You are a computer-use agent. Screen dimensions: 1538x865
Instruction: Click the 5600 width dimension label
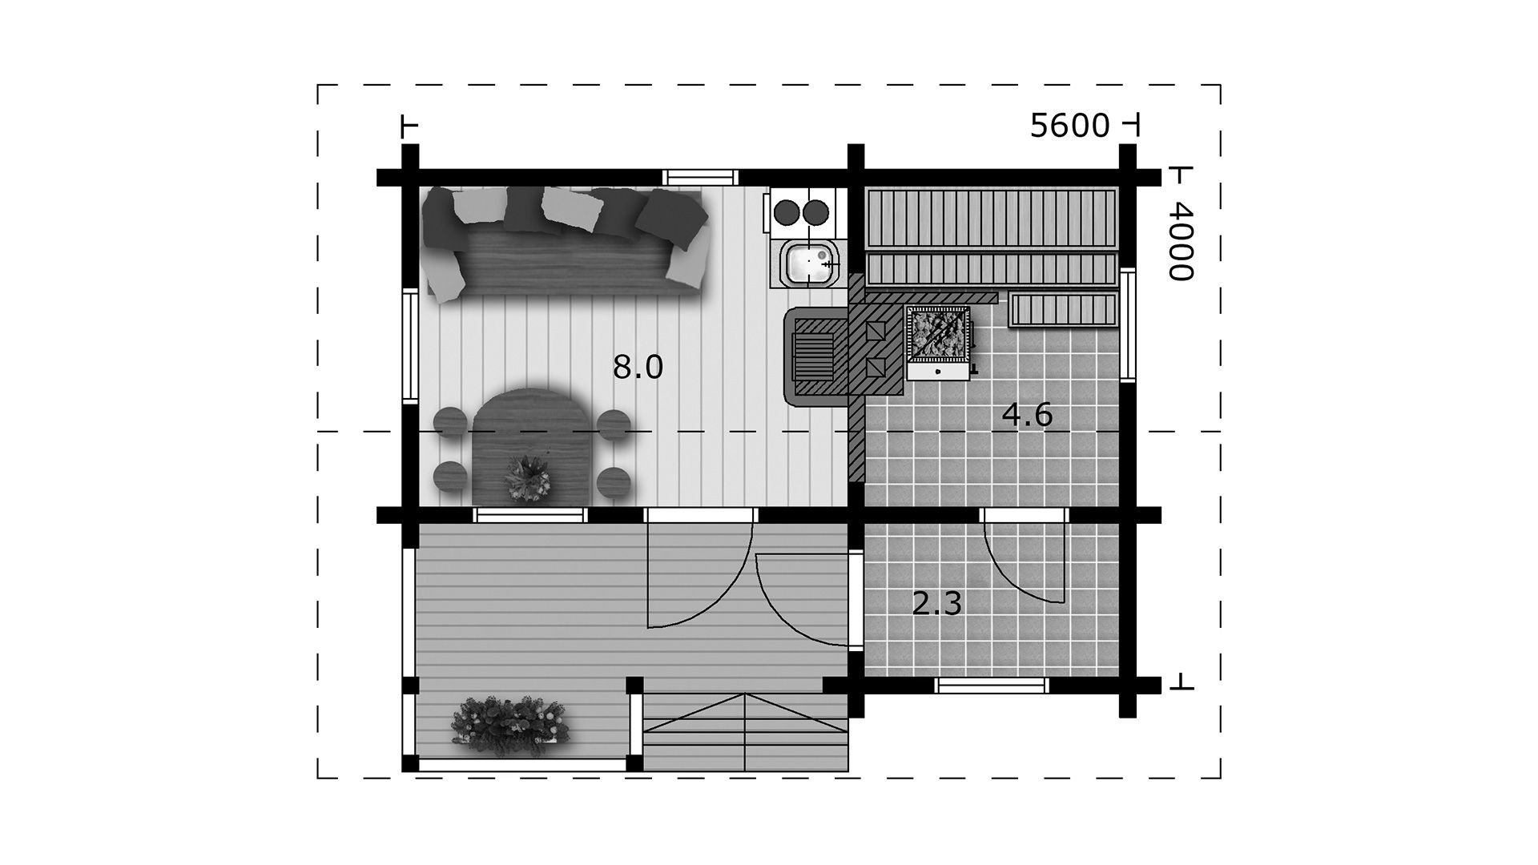(x=1069, y=126)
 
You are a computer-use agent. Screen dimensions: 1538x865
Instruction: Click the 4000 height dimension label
(x=1180, y=240)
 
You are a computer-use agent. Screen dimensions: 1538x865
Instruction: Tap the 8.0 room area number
(x=638, y=368)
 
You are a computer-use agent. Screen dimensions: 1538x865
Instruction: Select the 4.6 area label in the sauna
(x=1027, y=416)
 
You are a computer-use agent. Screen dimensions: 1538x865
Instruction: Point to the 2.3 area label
(x=936, y=603)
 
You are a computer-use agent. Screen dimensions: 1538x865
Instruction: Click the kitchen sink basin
(x=810, y=264)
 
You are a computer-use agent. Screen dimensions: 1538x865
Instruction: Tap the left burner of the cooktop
(x=787, y=212)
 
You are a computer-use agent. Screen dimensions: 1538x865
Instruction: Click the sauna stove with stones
(x=938, y=342)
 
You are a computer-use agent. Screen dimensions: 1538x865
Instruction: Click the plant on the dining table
(x=527, y=478)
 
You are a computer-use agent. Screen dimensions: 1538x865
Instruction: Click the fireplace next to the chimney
(x=815, y=357)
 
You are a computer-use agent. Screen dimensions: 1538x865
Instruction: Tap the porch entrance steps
(x=746, y=732)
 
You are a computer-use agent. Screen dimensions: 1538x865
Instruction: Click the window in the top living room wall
(x=699, y=177)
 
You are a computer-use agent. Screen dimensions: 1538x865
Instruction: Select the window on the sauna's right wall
(x=1128, y=324)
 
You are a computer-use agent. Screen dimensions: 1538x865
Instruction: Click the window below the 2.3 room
(x=992, y=685)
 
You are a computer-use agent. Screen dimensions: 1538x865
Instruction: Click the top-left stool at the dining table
(x=449, y=422)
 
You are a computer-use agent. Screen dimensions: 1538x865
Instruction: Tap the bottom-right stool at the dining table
(x=614, y=481)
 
